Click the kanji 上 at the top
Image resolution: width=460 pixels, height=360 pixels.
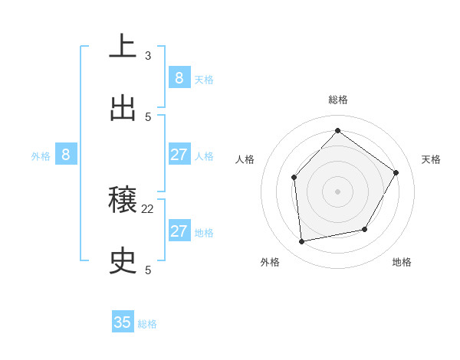123,46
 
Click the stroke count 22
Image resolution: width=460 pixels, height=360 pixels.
148,208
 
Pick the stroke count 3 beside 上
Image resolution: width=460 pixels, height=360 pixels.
148,55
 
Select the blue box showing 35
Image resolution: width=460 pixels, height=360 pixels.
123,322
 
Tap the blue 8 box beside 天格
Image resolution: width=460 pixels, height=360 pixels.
179,77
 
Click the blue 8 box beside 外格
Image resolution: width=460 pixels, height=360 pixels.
65,155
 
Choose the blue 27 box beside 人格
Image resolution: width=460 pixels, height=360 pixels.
179,155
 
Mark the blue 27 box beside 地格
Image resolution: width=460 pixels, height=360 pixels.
179,231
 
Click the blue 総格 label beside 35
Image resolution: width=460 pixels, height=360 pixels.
147,324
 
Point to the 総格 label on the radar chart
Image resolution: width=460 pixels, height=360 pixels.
337,100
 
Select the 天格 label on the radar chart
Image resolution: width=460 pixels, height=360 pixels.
431,159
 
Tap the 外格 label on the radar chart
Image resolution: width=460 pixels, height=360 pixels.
270,262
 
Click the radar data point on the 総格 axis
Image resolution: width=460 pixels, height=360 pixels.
337,130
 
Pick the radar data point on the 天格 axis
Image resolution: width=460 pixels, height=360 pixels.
396,172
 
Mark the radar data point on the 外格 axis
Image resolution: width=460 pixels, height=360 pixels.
302,241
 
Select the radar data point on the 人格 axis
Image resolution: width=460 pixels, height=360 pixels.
294,178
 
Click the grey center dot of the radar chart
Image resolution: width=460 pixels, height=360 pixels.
337,191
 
